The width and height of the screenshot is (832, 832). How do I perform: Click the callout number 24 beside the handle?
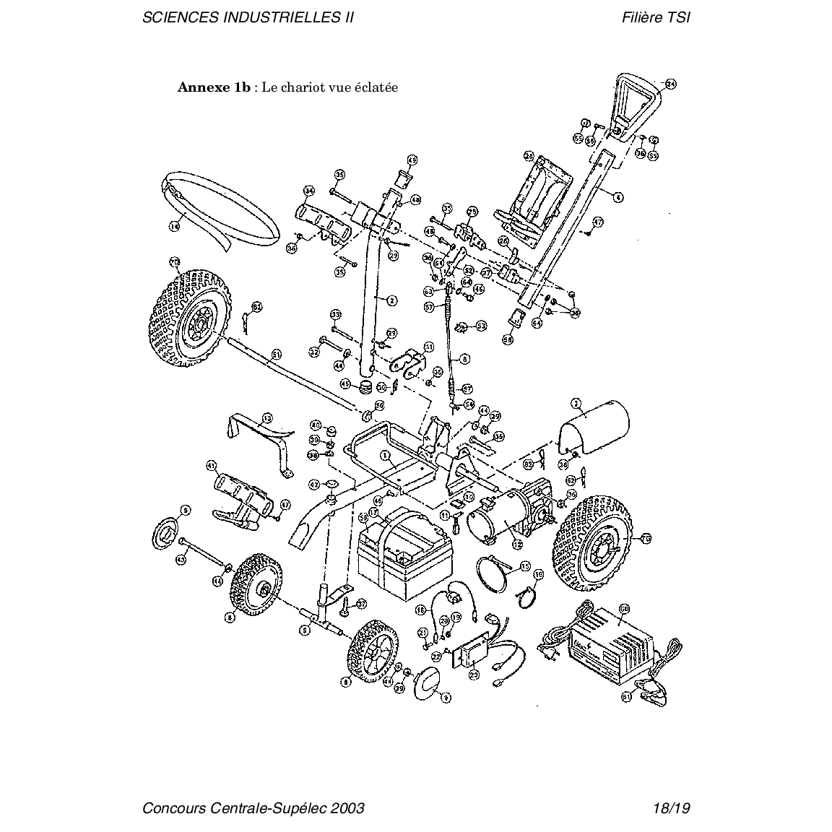click(671, 84)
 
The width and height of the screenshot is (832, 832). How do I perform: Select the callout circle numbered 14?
click(174, 226)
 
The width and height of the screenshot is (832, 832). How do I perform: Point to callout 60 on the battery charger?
click(625, 609)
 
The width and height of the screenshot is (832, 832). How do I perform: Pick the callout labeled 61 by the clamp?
click(626, 697)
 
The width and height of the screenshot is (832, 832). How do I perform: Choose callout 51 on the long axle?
click(276, 355)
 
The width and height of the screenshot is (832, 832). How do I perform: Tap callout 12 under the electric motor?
click(516, 544)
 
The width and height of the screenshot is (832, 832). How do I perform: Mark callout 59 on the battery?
click(363, 517)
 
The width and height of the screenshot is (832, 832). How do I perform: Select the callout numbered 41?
click(212, 464)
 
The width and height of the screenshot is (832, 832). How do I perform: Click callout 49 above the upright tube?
click(412, 160)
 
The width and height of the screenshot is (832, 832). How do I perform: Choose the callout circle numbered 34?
click(309, 191)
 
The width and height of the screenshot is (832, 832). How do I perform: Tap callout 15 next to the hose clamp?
click(525, 566)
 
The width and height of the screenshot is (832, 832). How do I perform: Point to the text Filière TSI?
click(655, 17)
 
